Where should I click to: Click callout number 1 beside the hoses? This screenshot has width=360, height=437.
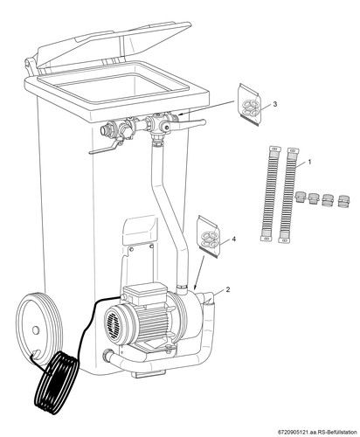(309, 162)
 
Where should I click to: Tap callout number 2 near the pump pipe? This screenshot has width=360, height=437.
(228, 289)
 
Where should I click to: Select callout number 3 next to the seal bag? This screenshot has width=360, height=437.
(275, 104)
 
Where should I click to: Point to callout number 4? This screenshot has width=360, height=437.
(233, 239)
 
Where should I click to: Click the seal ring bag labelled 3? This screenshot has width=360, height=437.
(249, 105)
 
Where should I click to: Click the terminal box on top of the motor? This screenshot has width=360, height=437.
(144, 294)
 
